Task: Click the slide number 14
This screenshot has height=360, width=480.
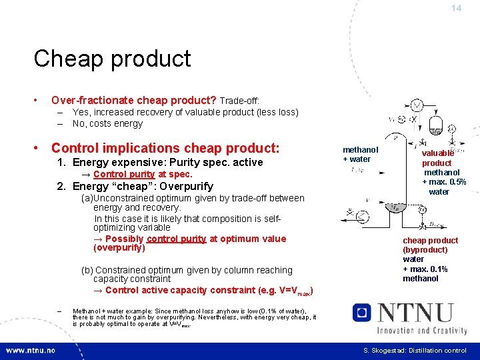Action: [x=456, y=9]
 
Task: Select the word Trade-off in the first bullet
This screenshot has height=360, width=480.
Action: [x=239, y=101]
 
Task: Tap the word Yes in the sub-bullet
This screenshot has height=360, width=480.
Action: [x=81, y=112]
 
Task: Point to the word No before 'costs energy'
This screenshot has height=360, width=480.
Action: [x=79, y=123]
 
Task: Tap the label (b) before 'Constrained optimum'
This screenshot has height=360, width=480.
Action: [x=87, y=270]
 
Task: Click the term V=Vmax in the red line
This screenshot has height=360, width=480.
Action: [x=293, y=291]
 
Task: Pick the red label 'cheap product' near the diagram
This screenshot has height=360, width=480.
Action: [x=430, y=240]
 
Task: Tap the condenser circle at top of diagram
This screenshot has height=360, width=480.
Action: [x=417, y=105]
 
